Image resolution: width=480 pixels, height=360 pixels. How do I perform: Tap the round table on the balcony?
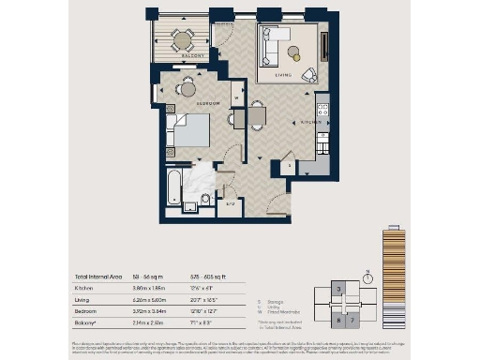182,38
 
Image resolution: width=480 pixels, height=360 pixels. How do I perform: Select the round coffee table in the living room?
294,52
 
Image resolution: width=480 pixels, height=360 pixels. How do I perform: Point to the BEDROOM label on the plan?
208,102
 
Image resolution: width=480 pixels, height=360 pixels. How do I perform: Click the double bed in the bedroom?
191,130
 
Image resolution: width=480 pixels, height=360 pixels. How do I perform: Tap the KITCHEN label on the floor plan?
305,123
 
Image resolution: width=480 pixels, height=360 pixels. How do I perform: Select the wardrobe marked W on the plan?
236,97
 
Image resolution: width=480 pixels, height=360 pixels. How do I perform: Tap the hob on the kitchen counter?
323,112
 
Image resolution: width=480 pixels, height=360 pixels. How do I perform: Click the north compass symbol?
370,277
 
